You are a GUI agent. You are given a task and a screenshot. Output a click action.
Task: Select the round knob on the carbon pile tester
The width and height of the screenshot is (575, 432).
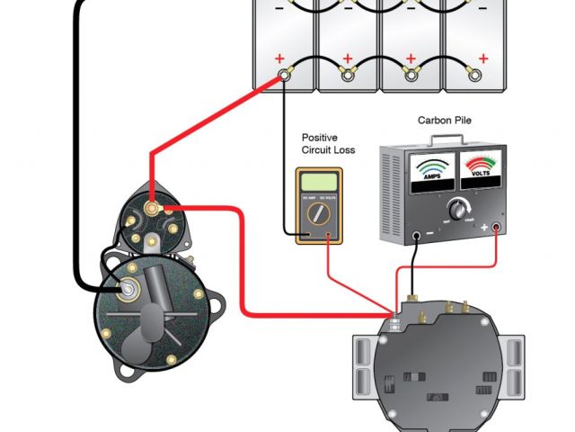coord(459,209)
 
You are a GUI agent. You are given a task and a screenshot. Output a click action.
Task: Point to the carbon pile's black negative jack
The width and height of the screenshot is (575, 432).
coord(418,237)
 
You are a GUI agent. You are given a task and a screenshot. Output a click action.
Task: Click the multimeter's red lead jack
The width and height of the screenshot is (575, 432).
coord(330,238)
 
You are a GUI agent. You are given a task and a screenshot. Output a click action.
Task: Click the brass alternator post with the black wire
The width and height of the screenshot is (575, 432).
coord(412,294)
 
